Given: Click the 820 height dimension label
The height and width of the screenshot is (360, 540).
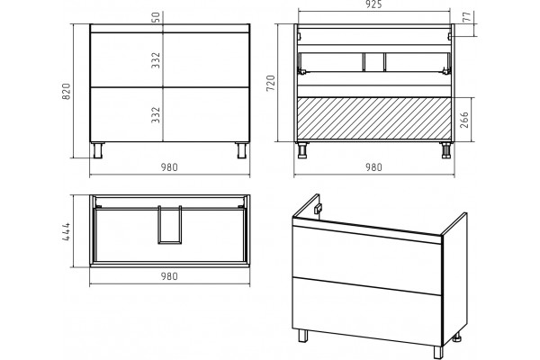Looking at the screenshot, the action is click(x=66, y=92).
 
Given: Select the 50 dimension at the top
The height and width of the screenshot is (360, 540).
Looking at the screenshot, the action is click(x=156, y=17).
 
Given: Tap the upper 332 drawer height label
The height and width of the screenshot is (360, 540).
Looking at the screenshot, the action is click(x=156, y=60).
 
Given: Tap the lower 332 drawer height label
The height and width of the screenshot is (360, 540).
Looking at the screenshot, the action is click(x=156, y=114).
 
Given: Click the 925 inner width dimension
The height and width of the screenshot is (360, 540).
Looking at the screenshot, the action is click(x=374, y=4).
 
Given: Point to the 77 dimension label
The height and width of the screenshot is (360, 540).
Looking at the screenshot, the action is click(x=466, y=17).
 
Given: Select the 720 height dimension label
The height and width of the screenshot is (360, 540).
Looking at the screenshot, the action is click(x=271, y=83).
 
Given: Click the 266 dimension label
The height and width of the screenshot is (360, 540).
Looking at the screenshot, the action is click(x=464, y=120).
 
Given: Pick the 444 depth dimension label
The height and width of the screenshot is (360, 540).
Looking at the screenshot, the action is click(x=66, y=231).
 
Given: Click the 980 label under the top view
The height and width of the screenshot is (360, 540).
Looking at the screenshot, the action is click(x=169, y=276).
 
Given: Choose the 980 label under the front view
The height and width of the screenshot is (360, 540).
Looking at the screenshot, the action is click(x=169, y=167).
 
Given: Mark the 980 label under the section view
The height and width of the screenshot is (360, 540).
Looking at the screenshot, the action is click(x=374, y=167).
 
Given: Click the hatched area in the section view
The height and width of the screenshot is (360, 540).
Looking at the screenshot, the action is click(x=374, y=119).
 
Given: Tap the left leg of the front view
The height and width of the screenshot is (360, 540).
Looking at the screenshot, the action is click(x=98, y=150).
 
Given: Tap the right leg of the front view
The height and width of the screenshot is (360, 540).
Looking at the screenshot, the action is click(x=242, y=150).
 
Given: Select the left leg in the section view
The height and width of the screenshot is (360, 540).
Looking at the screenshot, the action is click(x=302, y=150).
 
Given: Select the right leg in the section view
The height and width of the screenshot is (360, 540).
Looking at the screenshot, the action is click(x=446, y=150).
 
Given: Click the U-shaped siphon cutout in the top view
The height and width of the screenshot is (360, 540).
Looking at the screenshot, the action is click(x=170, y=242).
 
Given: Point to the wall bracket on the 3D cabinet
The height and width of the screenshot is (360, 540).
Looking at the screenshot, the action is click(x=319, y=209).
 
